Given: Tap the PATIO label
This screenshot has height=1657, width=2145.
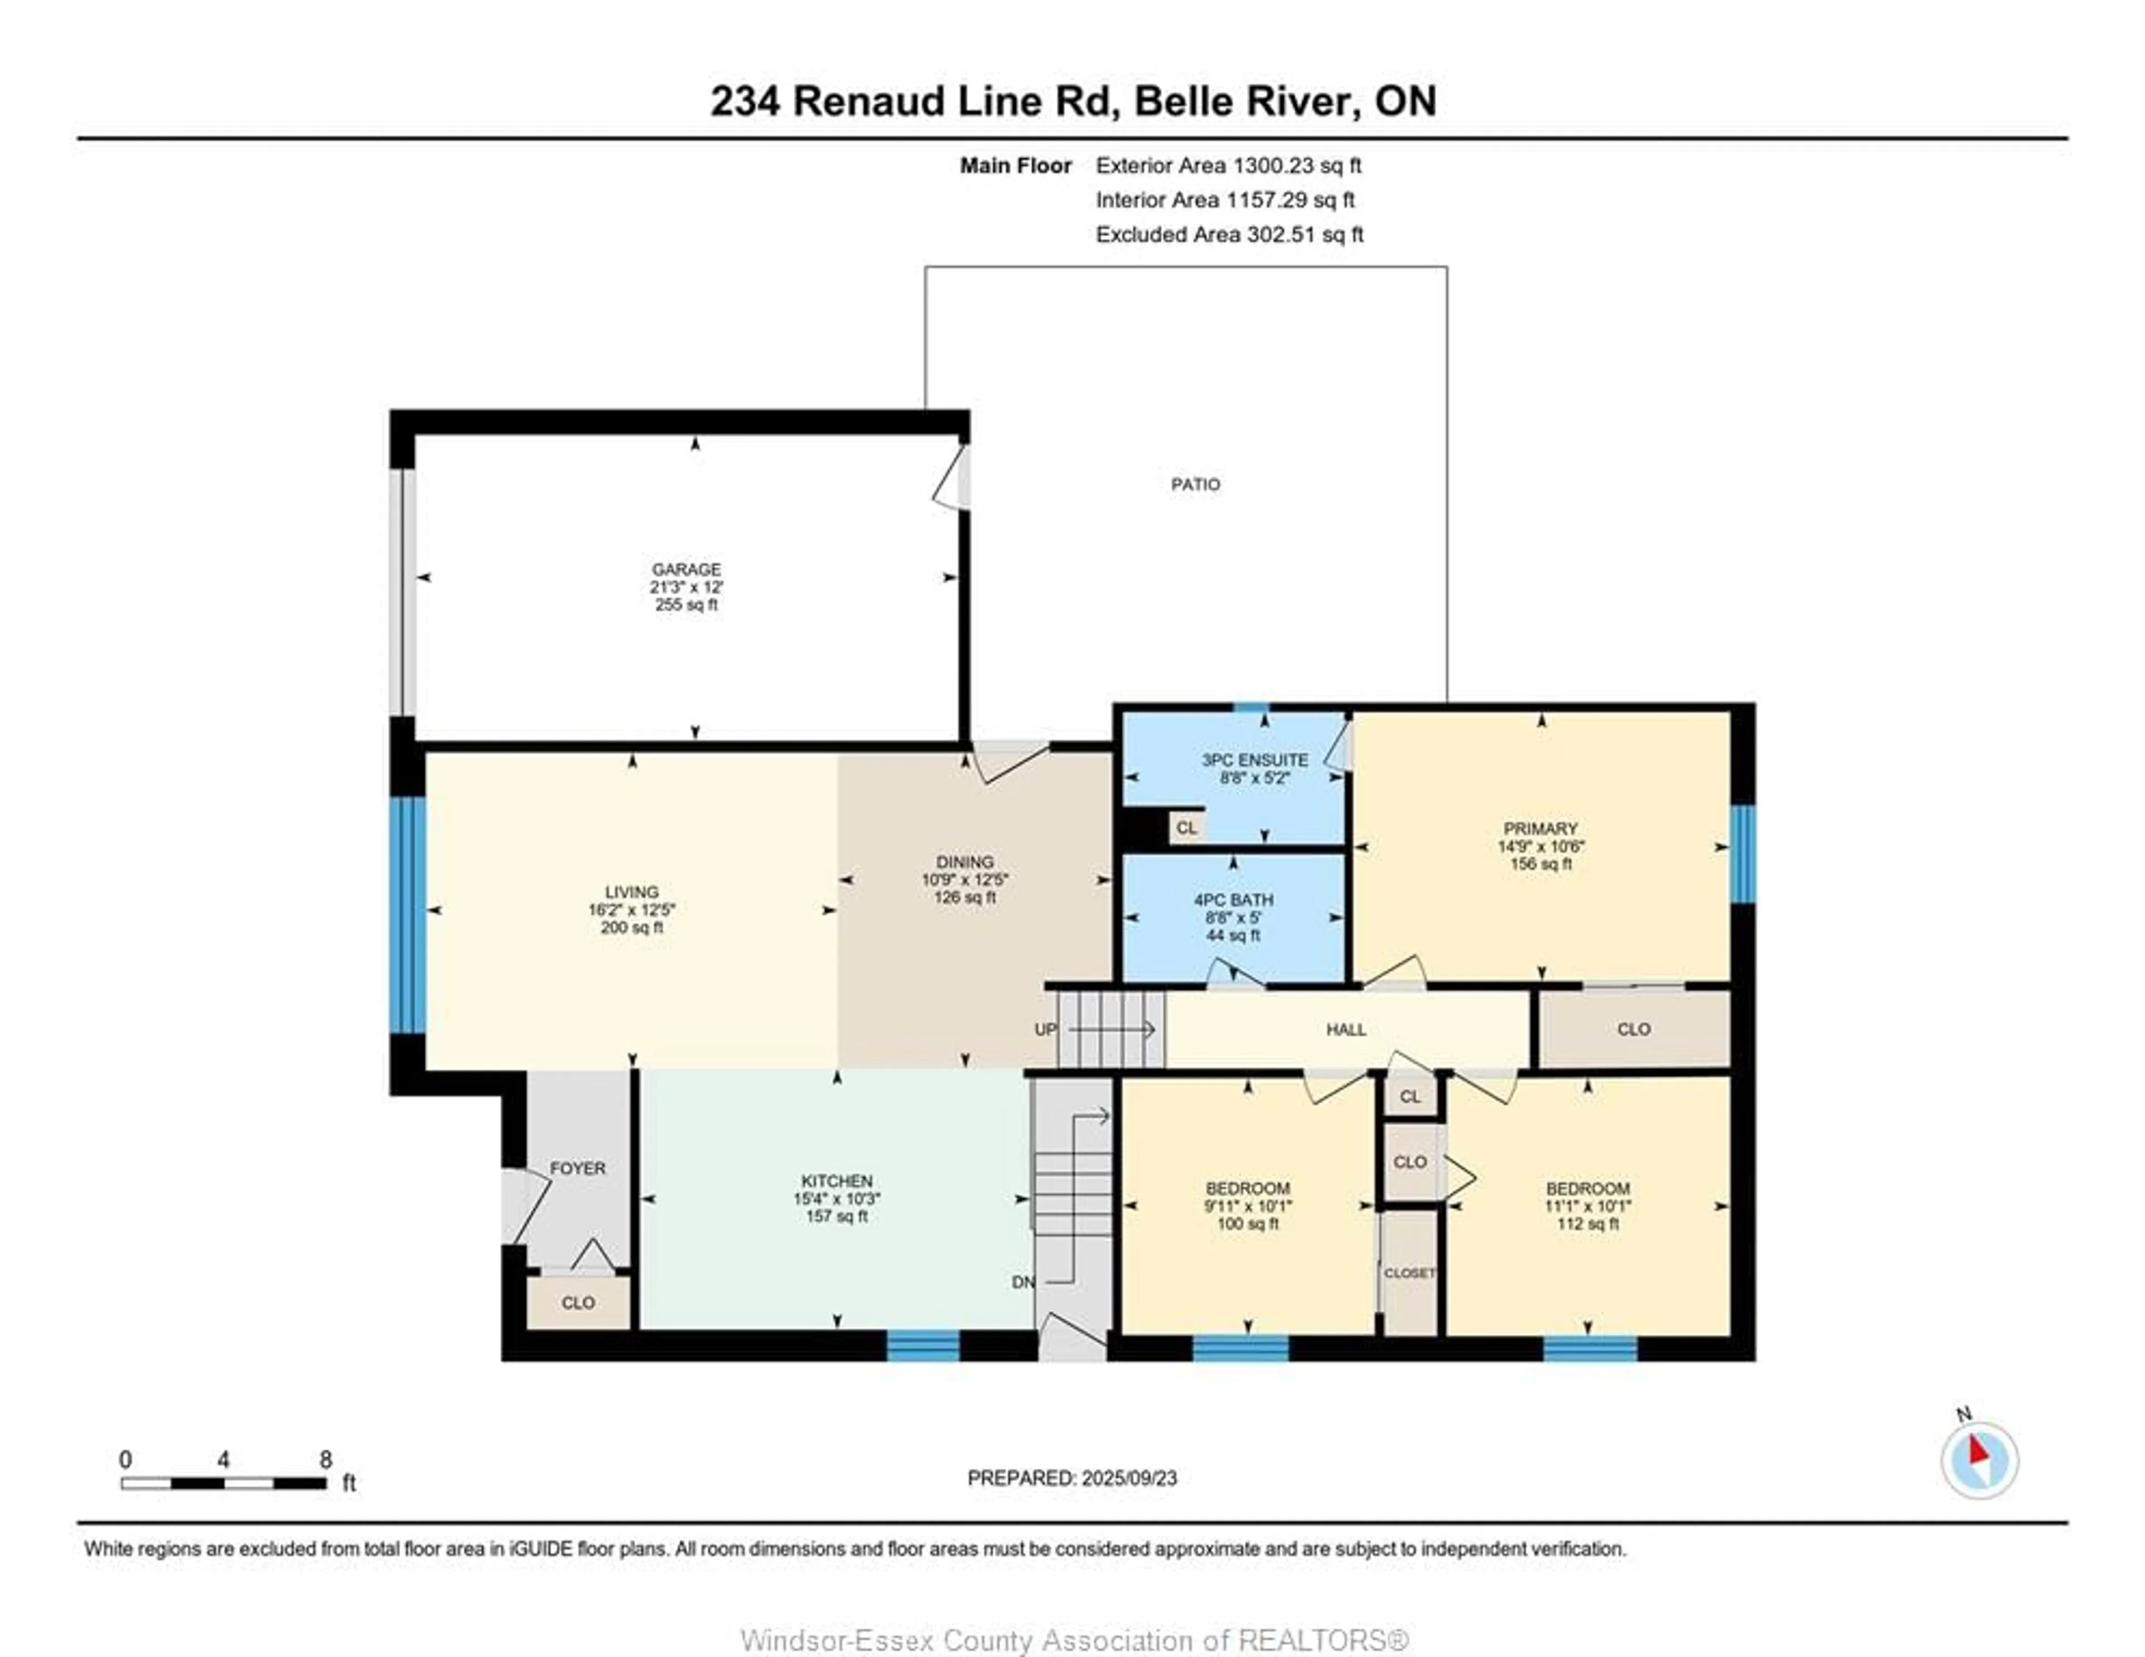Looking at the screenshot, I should pyautogui.click(x=1195, y=484).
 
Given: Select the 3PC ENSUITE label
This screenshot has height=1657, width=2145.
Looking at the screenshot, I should pyautogui.click(x=1254, y=760).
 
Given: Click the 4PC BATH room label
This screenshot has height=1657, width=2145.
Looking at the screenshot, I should pyautogui.click(x=1233, y=900).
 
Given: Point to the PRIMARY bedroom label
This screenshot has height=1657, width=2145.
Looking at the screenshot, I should pyautogui.click(x=1540, y=829).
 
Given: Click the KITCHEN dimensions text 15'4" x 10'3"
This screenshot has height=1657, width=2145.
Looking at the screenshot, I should pyautogui.click(x=837, y=1199).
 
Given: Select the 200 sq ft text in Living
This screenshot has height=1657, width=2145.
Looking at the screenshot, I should pyautogui.click(x=632, y=927).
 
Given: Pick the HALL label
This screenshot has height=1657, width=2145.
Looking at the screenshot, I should pyautogui.click(x=1346, y=1029).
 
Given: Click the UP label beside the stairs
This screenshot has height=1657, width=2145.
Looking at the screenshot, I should pyautogui.click(x=1045, y=1029).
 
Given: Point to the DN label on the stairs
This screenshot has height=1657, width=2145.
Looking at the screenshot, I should pyautogui.click(x=1022, y=1282).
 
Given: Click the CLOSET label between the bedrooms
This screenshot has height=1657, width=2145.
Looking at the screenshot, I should pyautogui.click(x=1409, y=1273).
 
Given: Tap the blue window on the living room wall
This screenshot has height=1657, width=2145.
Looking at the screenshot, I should pyautogui.click(x=407, y=914).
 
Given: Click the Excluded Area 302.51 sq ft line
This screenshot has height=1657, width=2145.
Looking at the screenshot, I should pyautogui.click(x=1229, y=235).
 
